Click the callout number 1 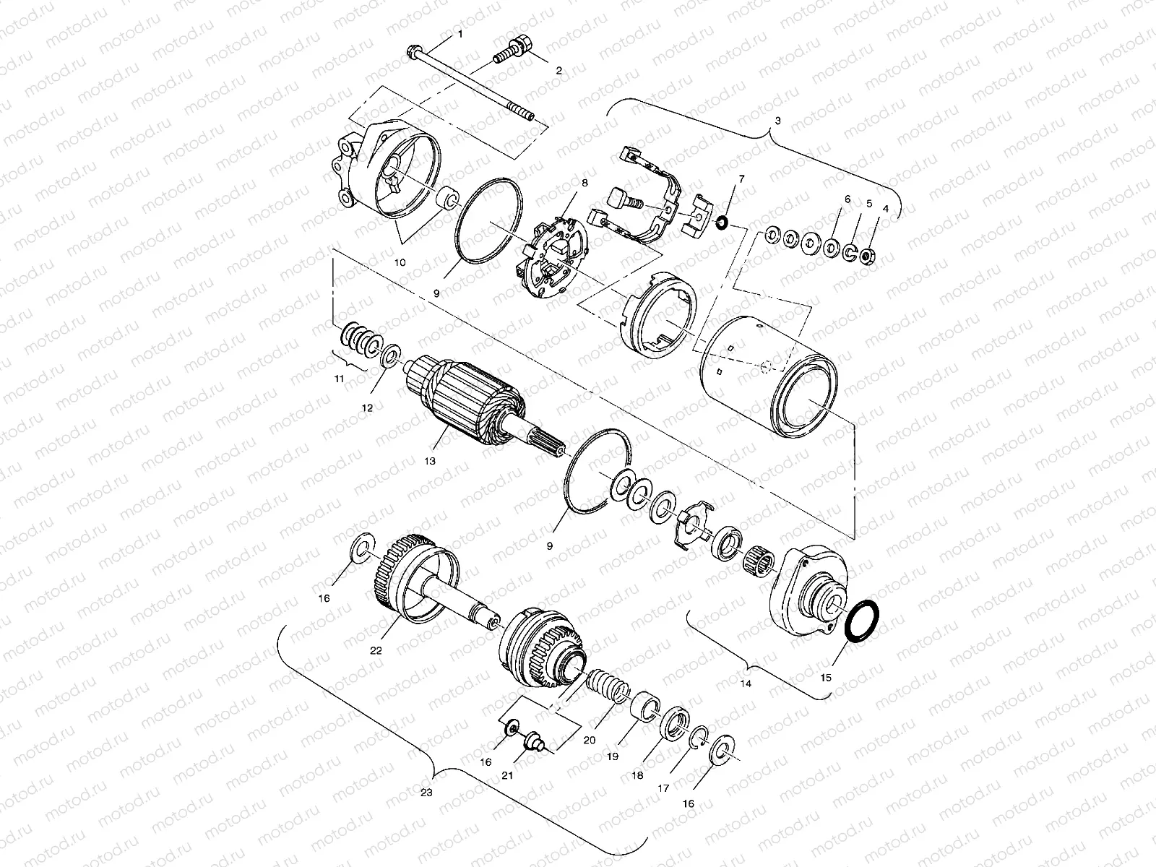point(460,35)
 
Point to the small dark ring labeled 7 point(720,221)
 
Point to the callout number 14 point(746,682)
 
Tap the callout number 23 point(426,793)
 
